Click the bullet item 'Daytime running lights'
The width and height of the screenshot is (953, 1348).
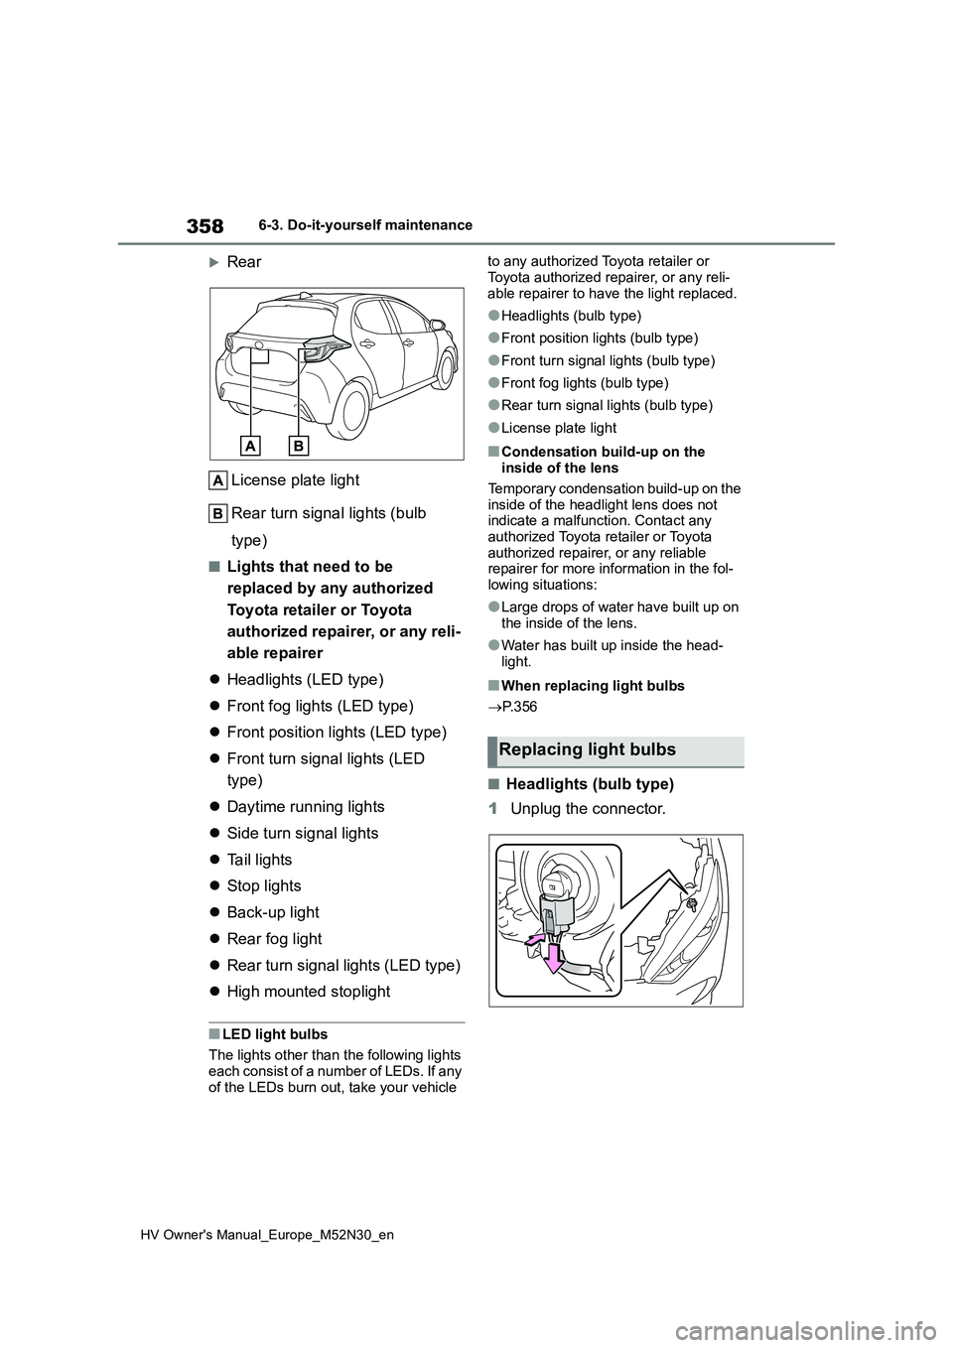(x=305, y=807)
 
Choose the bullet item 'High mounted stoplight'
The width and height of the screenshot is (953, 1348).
(x=308, y=992)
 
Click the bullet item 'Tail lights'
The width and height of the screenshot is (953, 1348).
(x=259, y=860)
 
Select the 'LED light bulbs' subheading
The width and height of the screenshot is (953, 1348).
(x=275, y=1034)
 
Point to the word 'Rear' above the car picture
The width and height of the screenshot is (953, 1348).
(x=244, y=262)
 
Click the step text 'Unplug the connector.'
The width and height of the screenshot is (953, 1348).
(x=588, y=809)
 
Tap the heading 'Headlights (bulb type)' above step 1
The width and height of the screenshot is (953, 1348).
(x=590, y=784)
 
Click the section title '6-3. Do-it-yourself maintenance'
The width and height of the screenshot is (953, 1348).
(x=372, y=225)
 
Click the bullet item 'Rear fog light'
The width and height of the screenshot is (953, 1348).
(x=274, y=939)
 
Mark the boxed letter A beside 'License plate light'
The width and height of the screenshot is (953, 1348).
(x=218, y=480)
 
